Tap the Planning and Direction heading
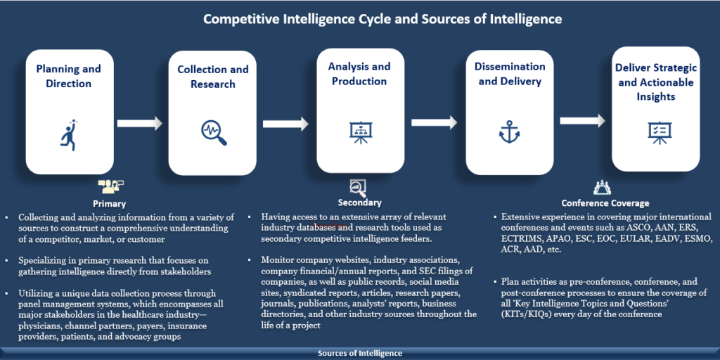(x=68, y=76)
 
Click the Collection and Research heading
(x=212, y=77)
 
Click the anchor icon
(x=509, y=132)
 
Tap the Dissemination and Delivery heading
(x=510, y=74)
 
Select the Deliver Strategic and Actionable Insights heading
(x=655, y=82)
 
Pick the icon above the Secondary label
(x=358, y=186)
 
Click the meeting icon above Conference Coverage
(x=603, y=187)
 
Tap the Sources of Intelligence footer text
(x=360, y=353)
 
